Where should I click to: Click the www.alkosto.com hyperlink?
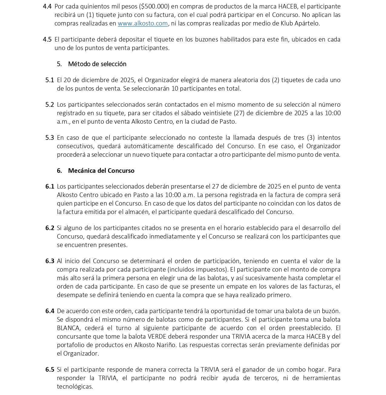(x=143, y=23)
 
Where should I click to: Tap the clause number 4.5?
(x=47, y=39)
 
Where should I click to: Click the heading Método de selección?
(x=97, y=64)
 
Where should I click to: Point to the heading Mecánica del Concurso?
(x=101, y=170)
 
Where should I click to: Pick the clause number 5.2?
(x=50, y=105)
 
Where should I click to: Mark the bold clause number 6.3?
(x=50, y=261)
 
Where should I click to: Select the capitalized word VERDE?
(x=155, y=336)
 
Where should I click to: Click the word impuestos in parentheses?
(x=211, y=269)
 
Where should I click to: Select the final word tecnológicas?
(x=75, y=387)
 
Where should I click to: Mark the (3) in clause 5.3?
(x=311, y=138)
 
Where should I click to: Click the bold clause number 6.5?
(x=50, y=370)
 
